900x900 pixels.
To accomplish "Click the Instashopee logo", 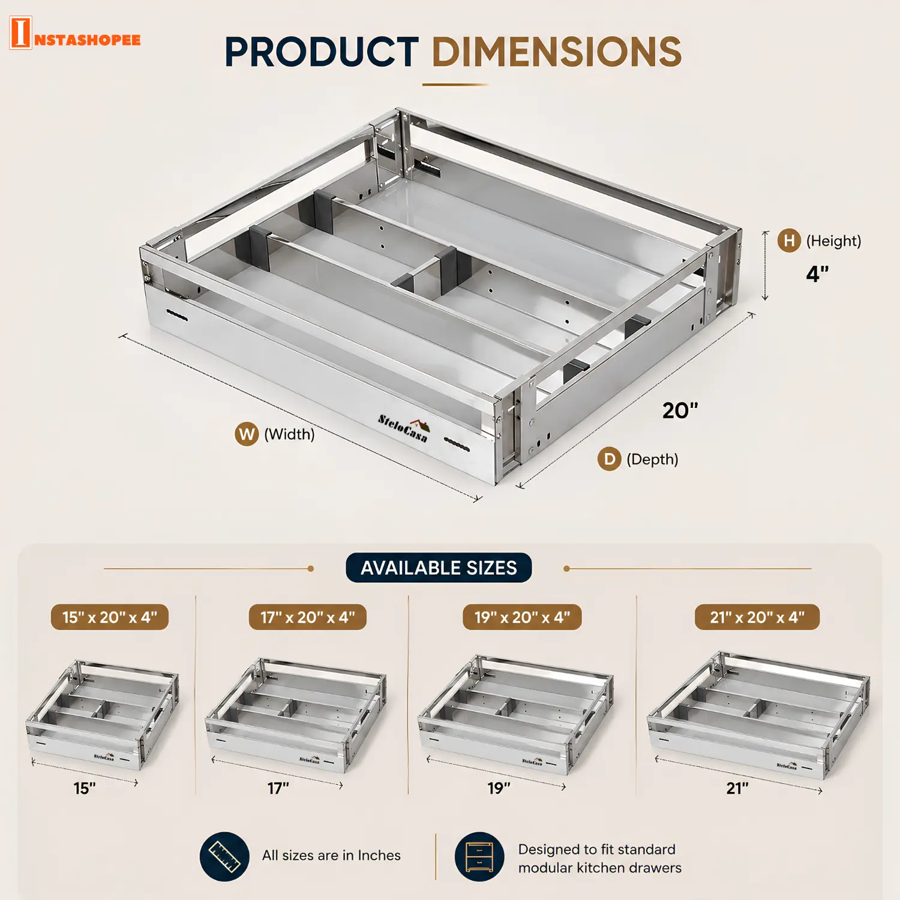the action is pyautogui.click(x=75, y=33).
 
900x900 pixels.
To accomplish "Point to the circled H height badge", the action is pyautogui.click(x=789, y=241).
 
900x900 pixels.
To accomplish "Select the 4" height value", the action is pyautogui.click(x=817, y=274).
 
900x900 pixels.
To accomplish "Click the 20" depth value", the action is pyautogui.click(x=680, y=411).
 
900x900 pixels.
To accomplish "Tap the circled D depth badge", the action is pyautogui.click(x=609, y=459).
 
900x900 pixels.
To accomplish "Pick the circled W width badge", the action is pyautogui.click(x=247, y=434).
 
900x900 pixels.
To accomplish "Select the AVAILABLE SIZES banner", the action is pyautogui.click(x=439, y=568).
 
